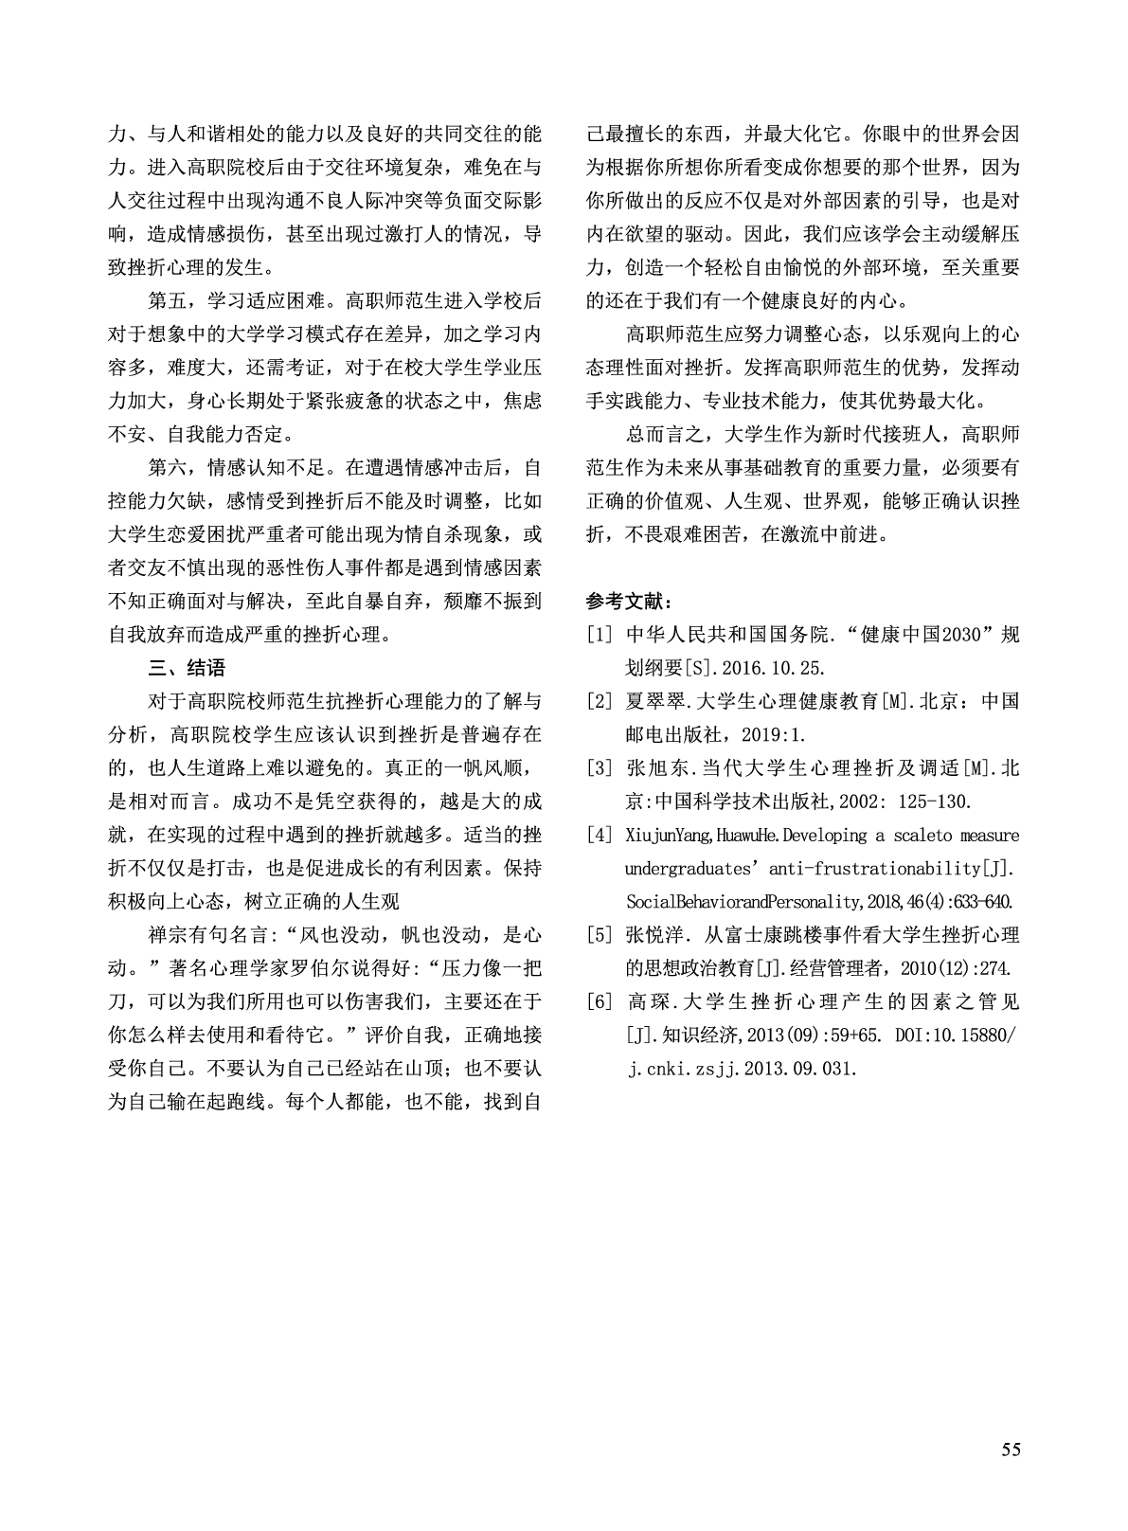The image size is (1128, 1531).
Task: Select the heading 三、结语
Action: [x=188, y=668]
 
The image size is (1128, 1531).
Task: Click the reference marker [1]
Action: [x=600, y=635]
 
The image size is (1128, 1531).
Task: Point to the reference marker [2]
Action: [x=600, y=702]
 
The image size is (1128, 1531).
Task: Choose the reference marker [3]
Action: [x=600, y=768]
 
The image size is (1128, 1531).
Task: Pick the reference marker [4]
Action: [x=600, y=836]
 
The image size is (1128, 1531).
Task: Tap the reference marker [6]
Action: [x=600, y=1002]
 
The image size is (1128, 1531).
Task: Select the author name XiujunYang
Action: [x=669, y=836]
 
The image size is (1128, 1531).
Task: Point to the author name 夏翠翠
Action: [x=654, y=702]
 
